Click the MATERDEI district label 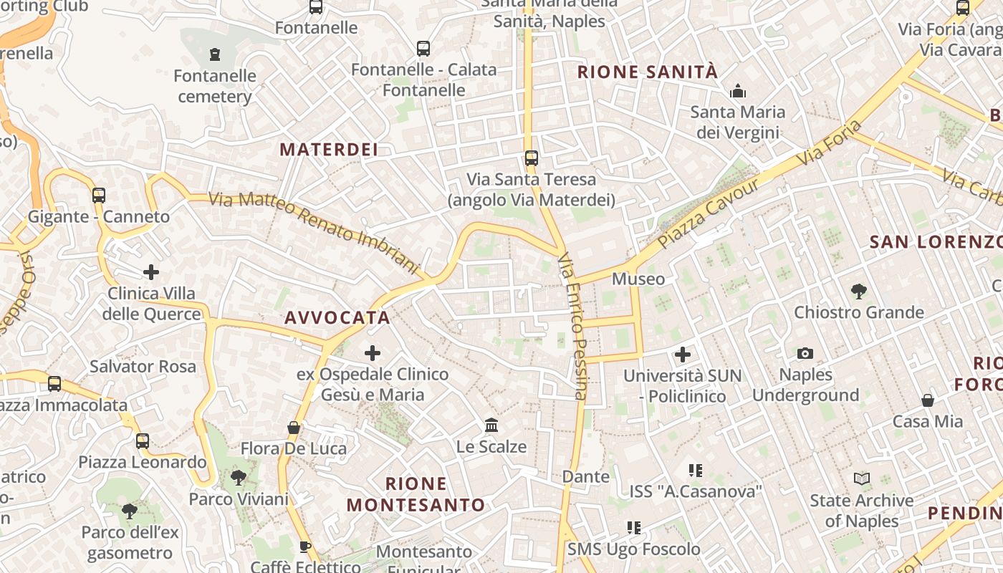(329, 149)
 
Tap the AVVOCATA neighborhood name (337, 317)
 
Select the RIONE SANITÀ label (647, 72)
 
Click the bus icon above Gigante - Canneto (99, 195)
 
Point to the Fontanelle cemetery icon (214, 54)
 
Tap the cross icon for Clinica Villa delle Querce (151, 272)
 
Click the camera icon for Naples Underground (805, 353)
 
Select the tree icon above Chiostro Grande (858, 291)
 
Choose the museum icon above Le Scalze (491, 425)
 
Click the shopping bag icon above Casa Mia (928, 400)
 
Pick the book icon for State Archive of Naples (862, 478)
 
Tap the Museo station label (638, 279)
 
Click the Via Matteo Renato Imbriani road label (313, 233)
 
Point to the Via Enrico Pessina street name (573, 326)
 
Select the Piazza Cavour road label (707, 213)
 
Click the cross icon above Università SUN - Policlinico (683, 354)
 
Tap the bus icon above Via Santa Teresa (531, 158)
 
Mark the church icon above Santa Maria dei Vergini (737, 91)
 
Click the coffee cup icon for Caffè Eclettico (305, 547)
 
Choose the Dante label (586, 476)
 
